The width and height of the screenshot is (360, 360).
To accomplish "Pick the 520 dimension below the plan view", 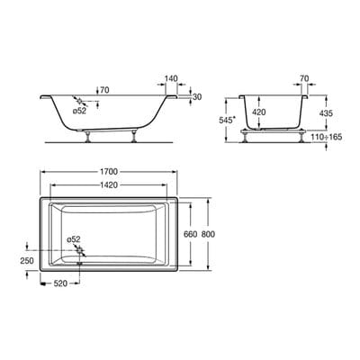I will tap(59, 282).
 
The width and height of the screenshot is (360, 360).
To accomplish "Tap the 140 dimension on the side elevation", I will tap(171, 79).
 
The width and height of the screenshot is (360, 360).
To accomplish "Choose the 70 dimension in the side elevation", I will tap(104, 91).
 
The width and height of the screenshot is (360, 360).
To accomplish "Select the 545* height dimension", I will tap(233, 120).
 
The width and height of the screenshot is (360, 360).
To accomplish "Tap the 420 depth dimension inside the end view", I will tap(258, 112).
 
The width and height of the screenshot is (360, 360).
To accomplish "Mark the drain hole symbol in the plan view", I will tap(80, 253).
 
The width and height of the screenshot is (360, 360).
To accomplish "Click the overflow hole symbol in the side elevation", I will tap(82, 102).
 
